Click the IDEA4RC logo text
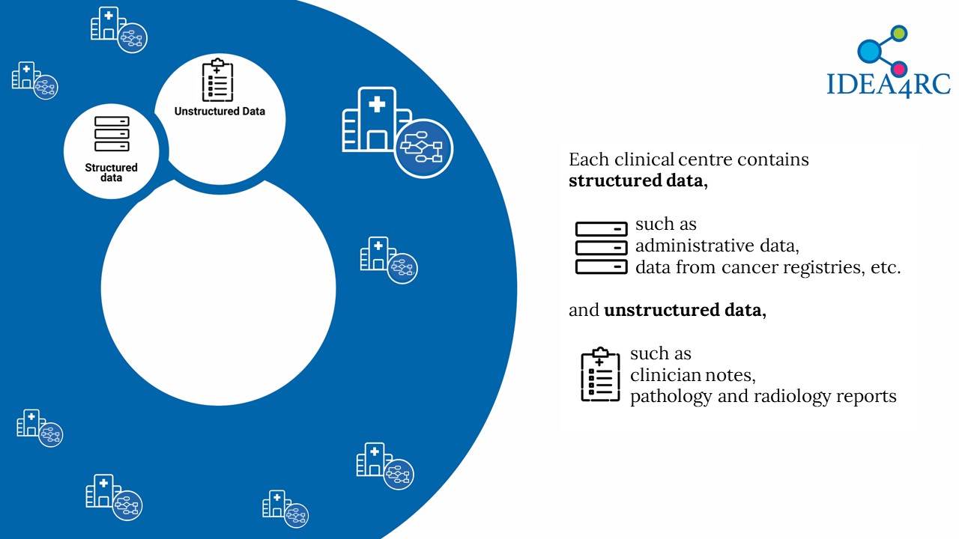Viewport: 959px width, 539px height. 889,85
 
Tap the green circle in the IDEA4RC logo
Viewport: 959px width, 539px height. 898,34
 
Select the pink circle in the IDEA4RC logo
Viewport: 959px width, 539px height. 899,69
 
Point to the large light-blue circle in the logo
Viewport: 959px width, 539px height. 869,51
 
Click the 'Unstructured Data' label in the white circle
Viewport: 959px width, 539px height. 220,112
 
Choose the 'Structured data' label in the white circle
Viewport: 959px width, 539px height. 112,172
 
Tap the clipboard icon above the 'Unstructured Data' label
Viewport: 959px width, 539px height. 217,80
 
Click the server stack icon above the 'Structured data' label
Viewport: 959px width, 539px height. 112,134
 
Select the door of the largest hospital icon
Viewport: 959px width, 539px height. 377,140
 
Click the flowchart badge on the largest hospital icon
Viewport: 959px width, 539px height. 423,148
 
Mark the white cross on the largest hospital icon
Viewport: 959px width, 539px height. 377,104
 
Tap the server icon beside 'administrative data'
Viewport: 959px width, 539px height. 601,248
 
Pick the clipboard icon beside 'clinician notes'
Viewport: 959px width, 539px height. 600,374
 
